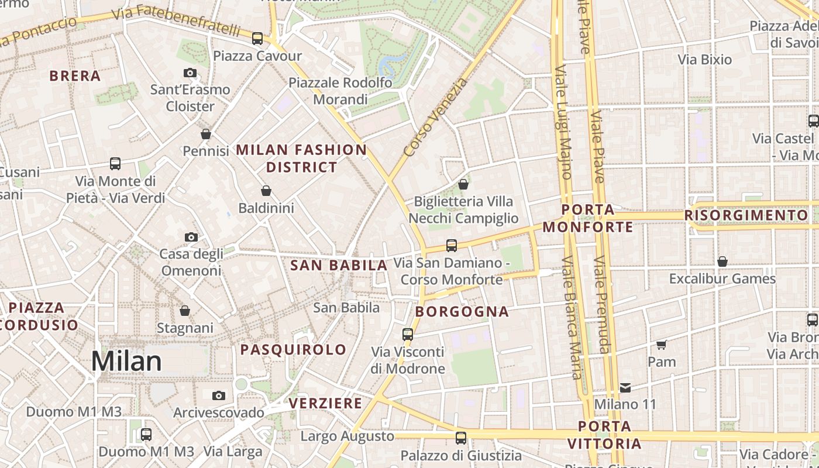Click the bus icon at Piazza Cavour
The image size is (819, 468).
coord(257,39)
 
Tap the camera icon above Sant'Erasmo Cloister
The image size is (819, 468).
coord(190,73)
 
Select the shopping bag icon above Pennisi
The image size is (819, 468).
coord(206,134)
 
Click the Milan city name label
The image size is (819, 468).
coord(126,361)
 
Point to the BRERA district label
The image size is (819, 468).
coord(75,76)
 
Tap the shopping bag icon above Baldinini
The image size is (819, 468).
coord(266,191)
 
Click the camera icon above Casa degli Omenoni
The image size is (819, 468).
coord(191,237)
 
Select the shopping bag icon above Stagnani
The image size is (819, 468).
coord(185,310)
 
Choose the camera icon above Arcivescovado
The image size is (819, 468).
coord(219,395)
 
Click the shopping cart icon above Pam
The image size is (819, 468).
coord(662,345)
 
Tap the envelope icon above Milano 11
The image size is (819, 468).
coord(625,387)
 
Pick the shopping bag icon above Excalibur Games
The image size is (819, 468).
coord(722,261)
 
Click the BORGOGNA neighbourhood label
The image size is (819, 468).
coord(462,312)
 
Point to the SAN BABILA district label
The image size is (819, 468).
coord(339,266)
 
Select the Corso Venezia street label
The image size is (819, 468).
coord(436,118)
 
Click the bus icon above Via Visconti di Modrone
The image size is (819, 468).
coord(408,335)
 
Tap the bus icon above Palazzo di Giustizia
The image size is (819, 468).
coord(461,438)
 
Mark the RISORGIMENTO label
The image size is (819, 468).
coord(746,215)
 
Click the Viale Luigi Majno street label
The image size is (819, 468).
coord(563,123)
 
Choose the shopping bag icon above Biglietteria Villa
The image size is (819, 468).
coord(463,184)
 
